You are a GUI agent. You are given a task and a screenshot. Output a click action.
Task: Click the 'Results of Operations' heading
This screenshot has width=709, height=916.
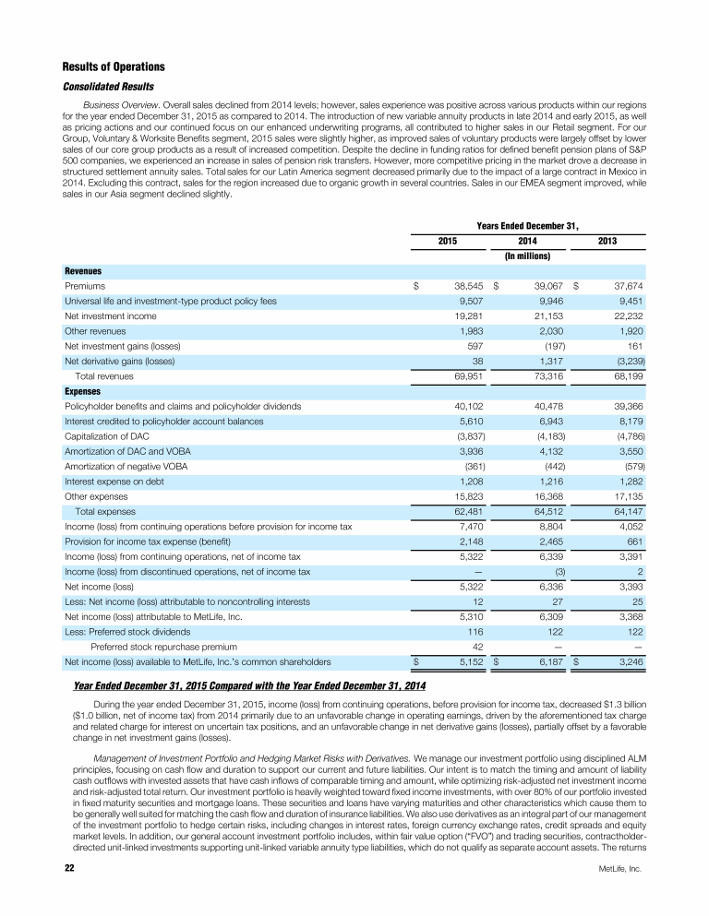[114, 67]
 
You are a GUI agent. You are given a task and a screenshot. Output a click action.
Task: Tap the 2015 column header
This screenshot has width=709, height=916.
[449, 241]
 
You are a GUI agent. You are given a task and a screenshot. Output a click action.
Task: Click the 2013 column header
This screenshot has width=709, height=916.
[607, 241]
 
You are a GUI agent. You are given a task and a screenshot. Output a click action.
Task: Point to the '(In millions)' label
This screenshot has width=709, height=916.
[528, 256]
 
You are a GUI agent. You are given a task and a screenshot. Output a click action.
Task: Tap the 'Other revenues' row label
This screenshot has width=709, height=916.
[95, 330]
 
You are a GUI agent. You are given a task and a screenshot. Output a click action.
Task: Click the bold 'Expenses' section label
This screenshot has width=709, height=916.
[83, 391]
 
